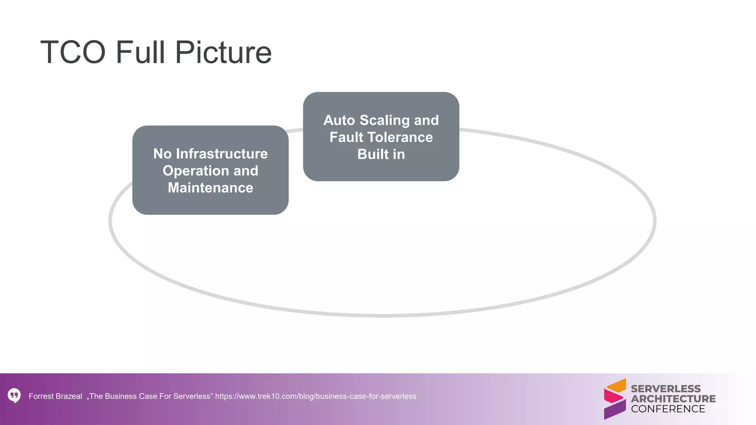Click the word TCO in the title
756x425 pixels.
pos(73,52)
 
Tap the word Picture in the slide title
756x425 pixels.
pos(223,52)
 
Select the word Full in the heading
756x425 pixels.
pos(140,52)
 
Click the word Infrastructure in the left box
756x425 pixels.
pos(222,154)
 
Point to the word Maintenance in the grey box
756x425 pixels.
pos(210,188)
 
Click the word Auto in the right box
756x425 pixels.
pos(339,120)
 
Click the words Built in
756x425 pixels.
pos(381,154)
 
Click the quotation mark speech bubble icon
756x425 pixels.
pos(14,396)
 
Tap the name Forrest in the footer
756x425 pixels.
pos(41,396)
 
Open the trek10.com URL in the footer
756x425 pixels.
pos(316,396)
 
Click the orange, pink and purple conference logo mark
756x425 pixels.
pos(615,399)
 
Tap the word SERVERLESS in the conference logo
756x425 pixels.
pos(666,389)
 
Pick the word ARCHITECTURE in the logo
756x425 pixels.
pos(673,399)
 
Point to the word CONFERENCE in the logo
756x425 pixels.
pos(668,409)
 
